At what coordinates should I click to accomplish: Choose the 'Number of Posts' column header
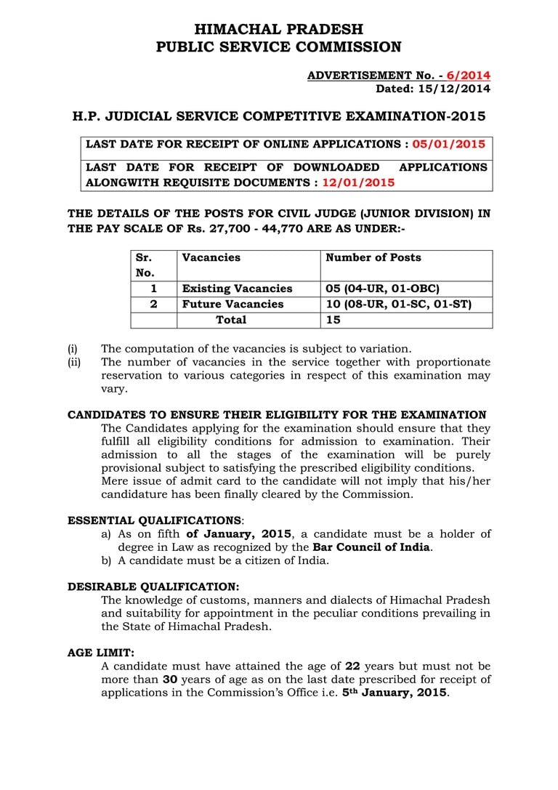tap(373, 257)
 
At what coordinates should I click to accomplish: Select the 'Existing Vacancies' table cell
tap(237, 289)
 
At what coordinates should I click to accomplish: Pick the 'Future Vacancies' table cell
tap(232, 304)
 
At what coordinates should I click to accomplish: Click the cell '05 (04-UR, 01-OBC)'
tap(382, 289)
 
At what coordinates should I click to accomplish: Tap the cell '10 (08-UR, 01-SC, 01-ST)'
tap(398, 304)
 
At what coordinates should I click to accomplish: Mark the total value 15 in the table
tap(333, 320)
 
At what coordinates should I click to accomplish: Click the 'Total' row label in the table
tap(231, 320)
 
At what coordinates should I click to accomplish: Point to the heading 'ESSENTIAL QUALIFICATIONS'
tap(154, 520)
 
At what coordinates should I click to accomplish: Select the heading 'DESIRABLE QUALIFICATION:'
tap(153, 587)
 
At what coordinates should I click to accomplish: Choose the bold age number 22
tap(352, 666)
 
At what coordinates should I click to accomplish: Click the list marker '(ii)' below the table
tap(74, 362)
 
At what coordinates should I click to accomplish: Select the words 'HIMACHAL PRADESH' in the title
tap(279, 29)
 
